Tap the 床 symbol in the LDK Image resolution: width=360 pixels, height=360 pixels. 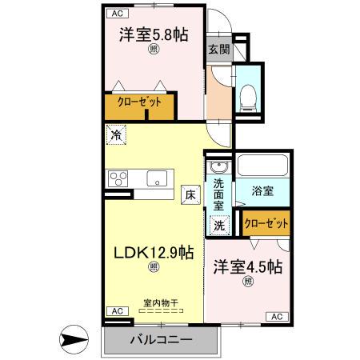coord(190,193)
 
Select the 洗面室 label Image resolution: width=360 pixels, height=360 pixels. coord(218,193)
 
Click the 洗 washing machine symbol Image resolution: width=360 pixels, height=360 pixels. coord(219,225)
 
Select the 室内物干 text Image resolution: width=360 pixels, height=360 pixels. coord(160,302)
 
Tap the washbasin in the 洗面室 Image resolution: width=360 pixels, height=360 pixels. coord(218,168)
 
